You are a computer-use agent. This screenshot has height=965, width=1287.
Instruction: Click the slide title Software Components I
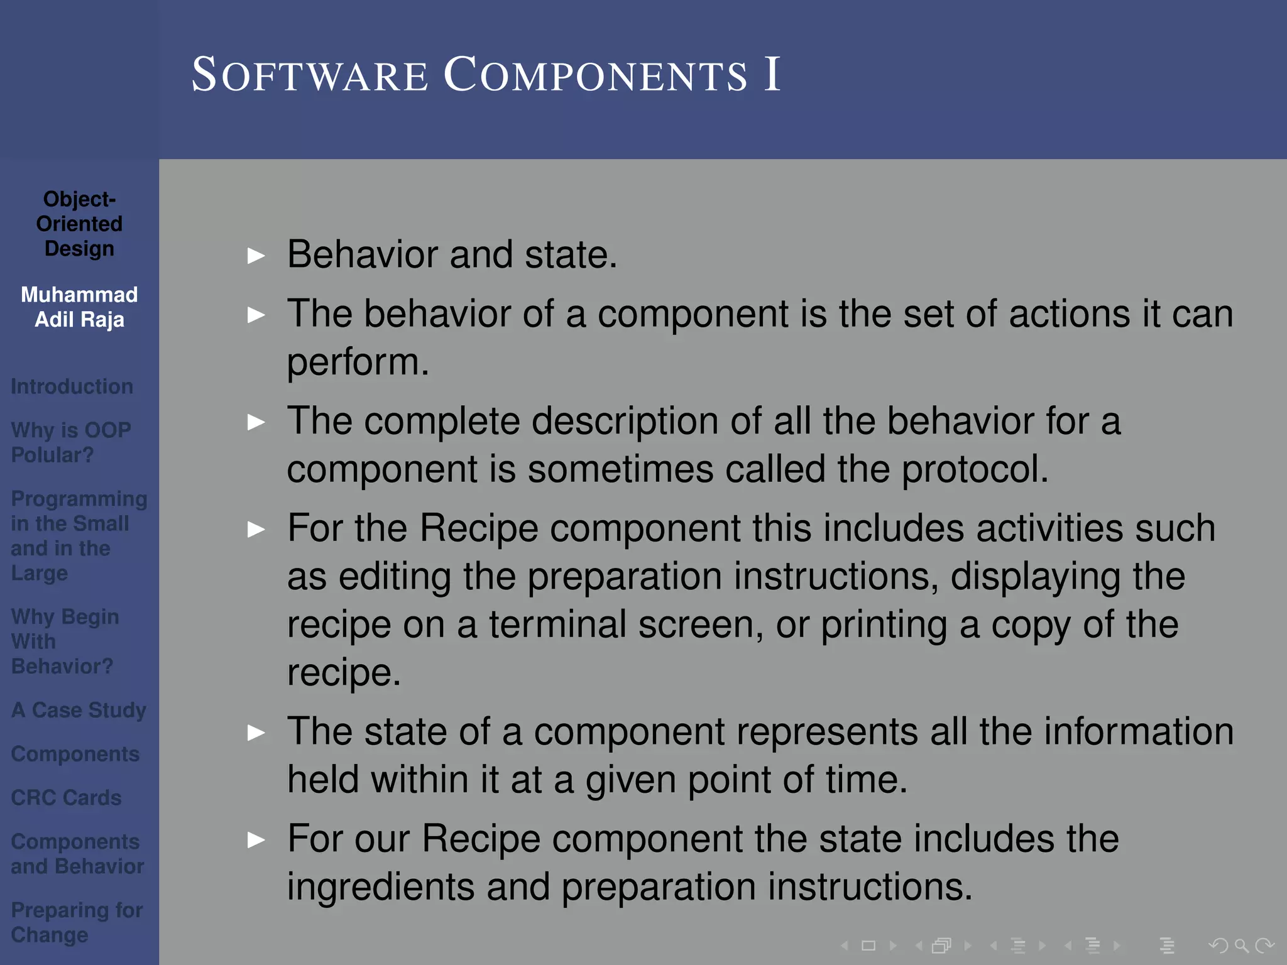(x=486, y=75)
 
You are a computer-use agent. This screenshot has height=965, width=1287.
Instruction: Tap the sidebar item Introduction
(x=72, y=386)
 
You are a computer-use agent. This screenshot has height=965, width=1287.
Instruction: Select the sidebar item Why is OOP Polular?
(x=70, y=442)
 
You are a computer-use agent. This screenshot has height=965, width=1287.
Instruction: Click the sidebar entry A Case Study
(x=79, y=710)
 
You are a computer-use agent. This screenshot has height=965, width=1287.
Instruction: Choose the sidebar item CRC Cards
(x=66, y=798)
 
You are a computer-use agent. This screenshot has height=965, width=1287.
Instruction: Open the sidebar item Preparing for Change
(x=77, y=922)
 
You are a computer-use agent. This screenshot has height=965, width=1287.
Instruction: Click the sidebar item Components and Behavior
(x=77, y=854)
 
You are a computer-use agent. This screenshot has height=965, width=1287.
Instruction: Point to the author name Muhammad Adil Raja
(x=79, y=307)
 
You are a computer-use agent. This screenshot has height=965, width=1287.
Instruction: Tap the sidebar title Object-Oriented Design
(x=79, y=224)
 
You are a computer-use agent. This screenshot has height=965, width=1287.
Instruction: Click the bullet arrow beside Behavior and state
(x=256, y=256)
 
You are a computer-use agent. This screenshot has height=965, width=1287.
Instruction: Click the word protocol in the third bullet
(x=974, y=469)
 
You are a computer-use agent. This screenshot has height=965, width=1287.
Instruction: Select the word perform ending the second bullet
(x=358, y=363)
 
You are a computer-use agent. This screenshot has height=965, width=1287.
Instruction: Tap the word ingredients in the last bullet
(x=381, y=887)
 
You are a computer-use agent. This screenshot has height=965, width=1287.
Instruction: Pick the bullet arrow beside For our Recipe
(x=256, y=840)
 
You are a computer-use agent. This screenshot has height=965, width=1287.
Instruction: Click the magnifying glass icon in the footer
(x=1241, y=945)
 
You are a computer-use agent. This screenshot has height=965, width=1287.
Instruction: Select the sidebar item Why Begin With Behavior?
(x=65, y=641)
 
